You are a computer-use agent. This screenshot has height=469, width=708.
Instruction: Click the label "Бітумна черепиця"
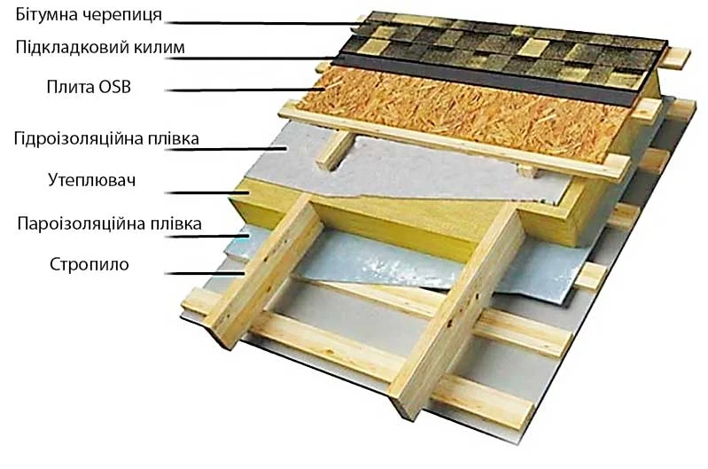click(89, 15)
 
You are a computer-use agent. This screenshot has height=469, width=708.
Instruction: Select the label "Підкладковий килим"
click(100, 48)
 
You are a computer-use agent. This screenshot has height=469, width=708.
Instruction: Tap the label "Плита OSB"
click(89, 87)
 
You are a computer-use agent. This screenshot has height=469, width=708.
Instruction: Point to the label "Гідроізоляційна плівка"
click(106, 138)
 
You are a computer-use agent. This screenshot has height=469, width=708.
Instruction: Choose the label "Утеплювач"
click(91, 180)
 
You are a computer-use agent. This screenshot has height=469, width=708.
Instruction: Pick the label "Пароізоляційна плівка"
click(109, 223)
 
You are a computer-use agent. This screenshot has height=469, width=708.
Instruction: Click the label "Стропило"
click(89, 264)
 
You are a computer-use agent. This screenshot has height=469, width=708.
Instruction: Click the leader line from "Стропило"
click(205, 273)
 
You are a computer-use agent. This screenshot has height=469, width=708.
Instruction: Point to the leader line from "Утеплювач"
click(207, 193)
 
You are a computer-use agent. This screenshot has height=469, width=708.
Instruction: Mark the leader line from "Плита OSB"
click(245, 90)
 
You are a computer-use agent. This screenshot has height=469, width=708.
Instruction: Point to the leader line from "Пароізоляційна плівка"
click(207, 237)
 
